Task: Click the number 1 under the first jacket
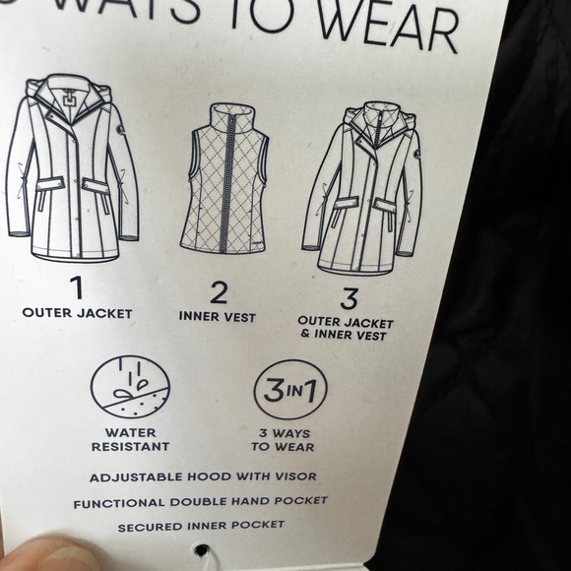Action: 77,287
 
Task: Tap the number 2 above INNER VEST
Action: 219,293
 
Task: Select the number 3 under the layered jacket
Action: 349,298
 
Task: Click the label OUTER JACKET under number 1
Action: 77,313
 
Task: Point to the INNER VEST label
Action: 218,317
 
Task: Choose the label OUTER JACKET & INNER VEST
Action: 346,329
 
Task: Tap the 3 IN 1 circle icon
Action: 290,390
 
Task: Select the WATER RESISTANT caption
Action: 130,440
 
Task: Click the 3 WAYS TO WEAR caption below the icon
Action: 283,440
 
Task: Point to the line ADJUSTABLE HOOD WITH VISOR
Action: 203,477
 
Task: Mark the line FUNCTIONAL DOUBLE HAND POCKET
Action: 200,502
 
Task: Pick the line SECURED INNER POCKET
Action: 201,527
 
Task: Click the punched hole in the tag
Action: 202,549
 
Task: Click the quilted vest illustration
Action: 224,178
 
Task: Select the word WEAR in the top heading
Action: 388,26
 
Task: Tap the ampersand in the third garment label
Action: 305,334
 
